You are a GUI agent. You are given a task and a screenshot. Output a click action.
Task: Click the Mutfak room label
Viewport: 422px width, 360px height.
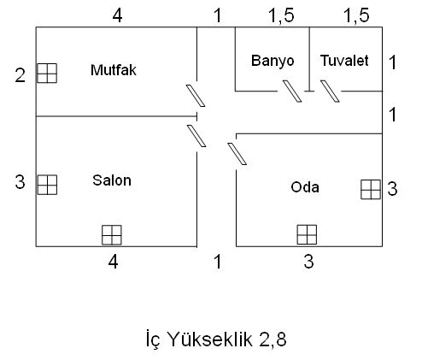114,70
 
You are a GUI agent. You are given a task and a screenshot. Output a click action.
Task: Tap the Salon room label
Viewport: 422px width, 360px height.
112,180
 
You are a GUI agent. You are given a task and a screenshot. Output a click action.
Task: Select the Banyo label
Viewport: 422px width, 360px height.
273,61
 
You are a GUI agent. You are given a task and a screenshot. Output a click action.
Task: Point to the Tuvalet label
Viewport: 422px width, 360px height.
344,61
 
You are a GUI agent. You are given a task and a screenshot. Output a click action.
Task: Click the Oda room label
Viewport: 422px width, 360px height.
305,187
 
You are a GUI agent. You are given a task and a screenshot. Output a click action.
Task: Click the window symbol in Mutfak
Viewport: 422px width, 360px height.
47,74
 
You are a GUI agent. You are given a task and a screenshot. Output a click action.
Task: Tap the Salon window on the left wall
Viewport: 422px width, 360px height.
47,185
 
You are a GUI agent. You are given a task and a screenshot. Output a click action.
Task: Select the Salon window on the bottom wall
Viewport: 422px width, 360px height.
112,235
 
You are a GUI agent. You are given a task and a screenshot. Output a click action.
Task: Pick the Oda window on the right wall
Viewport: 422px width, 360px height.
371,189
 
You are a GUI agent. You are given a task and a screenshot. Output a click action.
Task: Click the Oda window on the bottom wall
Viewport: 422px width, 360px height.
307,234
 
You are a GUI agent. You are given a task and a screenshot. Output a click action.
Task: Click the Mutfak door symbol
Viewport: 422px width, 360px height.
196,96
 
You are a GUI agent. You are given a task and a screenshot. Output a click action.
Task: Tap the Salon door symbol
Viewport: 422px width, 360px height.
196,136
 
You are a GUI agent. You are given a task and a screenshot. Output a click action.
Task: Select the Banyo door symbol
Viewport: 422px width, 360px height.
292,91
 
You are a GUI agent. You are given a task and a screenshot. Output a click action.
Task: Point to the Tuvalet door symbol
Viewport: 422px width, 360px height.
330,91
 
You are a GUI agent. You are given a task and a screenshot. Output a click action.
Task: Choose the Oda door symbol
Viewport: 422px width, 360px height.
237,154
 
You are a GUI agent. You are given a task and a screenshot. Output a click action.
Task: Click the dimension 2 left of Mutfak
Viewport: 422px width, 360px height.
21,76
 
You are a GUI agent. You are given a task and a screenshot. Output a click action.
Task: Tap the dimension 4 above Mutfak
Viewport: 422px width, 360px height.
117,15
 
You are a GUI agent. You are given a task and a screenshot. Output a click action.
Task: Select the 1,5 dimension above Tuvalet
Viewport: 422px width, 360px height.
357,15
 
